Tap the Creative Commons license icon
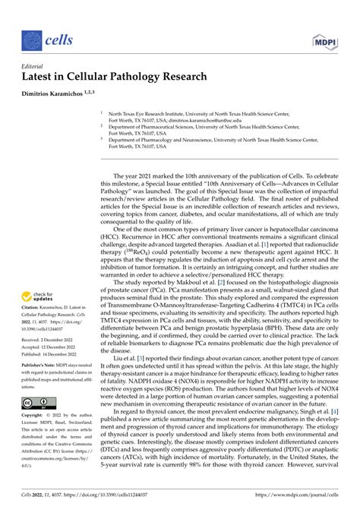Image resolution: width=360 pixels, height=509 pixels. coord(34,403)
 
